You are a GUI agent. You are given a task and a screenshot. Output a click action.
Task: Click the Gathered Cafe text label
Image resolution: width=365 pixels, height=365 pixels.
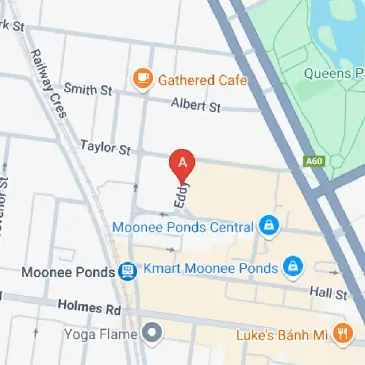(x=202, y=80)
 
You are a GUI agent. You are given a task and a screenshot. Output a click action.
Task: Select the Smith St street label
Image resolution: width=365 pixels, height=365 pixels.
(x=88, y=90)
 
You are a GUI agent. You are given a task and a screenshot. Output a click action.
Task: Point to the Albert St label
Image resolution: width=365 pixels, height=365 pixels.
(x=196, y=106)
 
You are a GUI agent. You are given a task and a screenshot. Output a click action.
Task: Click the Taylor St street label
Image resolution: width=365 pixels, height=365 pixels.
(x=105, y=147)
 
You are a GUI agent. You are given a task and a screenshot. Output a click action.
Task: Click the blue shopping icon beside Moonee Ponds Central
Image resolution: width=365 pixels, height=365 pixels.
(x=268, y=226)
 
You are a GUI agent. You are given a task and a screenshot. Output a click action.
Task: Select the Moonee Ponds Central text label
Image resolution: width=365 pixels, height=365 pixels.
(x=182, y=227)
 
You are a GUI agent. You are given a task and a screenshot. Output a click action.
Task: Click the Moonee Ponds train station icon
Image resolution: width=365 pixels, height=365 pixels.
(x=127, y=272)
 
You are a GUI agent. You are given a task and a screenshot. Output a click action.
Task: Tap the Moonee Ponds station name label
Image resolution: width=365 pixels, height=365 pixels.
(x=69, y=272)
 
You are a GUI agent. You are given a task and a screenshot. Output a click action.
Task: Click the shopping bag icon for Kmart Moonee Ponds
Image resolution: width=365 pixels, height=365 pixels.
(x=292, y=265)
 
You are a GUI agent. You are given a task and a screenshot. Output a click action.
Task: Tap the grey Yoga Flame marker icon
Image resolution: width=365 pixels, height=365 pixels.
(x=151, y=334)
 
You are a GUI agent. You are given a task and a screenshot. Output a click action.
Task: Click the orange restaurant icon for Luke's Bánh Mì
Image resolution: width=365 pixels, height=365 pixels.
(x=340, y=334)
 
